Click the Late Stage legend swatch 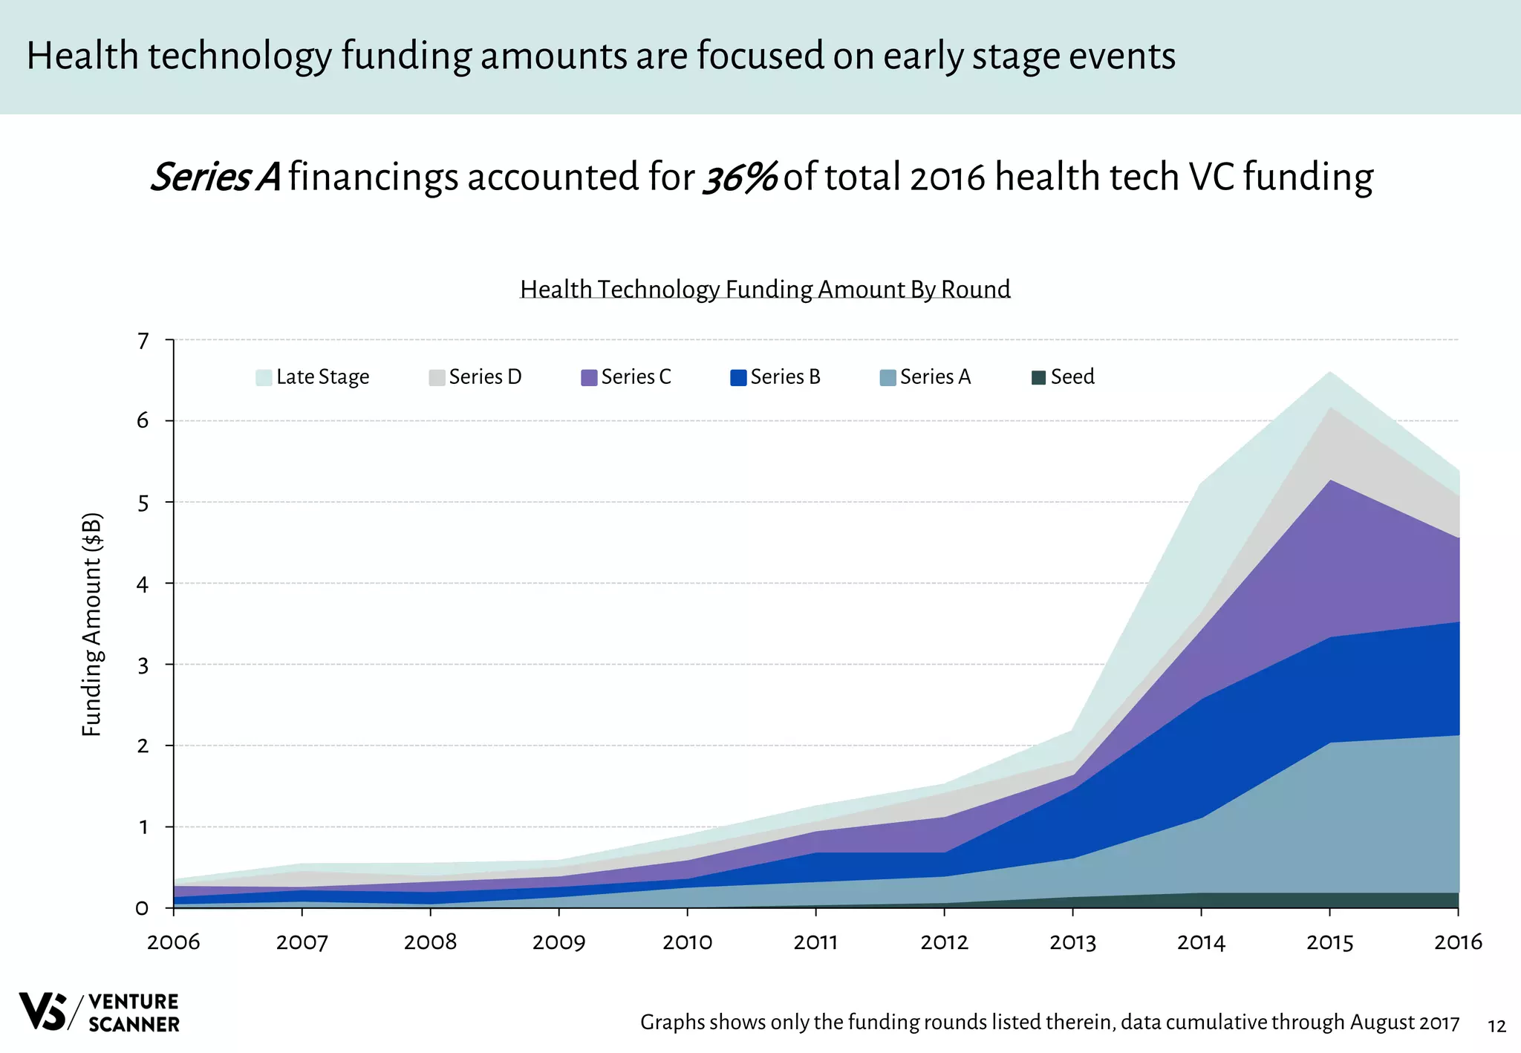point(263,377)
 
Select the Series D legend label point(485,377)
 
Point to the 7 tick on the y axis point(143,342)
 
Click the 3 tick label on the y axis point(143,665)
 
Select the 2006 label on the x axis point(174,943)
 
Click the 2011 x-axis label point(815,943)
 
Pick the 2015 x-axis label point(1329,943)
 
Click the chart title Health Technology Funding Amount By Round point(765,289)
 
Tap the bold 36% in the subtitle point(739,177)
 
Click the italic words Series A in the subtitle point(215,177)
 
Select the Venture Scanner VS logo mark point(43,1011)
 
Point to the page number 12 point(1496,1026)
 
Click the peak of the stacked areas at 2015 point(1329,372)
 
